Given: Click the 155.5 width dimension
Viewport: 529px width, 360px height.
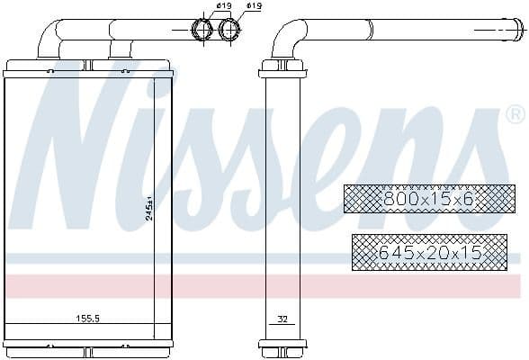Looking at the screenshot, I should point(86,318).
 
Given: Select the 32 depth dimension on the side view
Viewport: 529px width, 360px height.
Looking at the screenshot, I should point(282,318).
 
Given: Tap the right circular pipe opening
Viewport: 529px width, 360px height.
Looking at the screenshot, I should point(231,30).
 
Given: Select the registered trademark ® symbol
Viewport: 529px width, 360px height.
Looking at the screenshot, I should point(515,114).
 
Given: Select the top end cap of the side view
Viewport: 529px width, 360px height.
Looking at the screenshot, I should point(282,68).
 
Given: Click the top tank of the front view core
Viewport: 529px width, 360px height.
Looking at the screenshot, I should point(86,68).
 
